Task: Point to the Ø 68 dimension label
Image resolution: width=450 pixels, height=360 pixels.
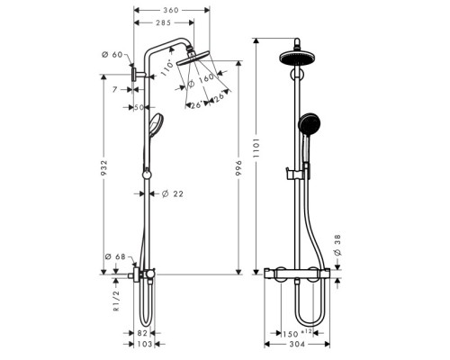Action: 114,258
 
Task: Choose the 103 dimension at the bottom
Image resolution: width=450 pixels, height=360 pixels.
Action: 144,345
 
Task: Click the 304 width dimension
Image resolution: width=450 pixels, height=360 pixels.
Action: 299,345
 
